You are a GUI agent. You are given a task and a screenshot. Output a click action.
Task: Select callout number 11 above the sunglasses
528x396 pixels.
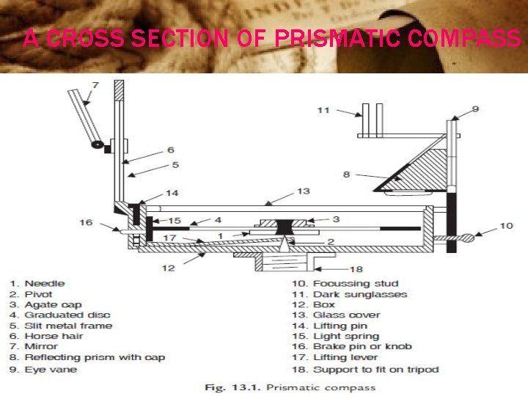click(x=323, y=111)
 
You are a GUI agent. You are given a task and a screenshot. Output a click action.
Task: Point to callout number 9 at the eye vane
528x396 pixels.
click(x=475, y=109)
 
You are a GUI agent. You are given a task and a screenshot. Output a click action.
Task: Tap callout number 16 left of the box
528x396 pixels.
click(x=86, y=221)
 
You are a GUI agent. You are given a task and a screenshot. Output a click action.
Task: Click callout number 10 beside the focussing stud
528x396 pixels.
click(x=505, y=226)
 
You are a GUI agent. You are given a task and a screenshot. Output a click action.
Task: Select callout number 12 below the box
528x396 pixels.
click(x=169, y=268)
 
